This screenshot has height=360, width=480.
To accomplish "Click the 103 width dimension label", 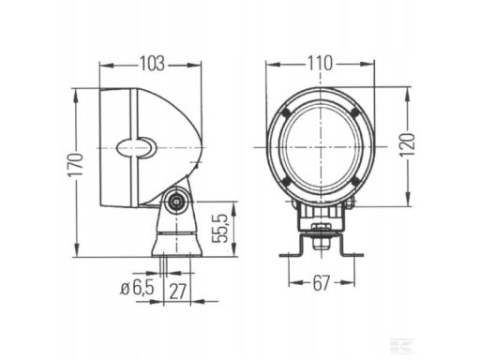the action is pos(152,64).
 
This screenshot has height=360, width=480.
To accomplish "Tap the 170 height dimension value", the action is pos(76,165).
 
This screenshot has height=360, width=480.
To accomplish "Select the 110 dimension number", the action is pos(320,63).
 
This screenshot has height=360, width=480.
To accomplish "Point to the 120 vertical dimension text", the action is pos(408,144).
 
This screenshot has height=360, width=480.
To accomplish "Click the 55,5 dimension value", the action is pos(218,229).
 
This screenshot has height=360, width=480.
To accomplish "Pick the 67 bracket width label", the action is pos(322,283).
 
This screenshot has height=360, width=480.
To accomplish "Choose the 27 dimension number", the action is pos(177,292).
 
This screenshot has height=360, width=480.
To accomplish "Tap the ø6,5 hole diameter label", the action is pos(138,287).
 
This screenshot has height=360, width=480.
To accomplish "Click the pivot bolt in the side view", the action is pos(177,202).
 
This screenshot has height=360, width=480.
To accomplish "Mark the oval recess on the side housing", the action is pos(136,147).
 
